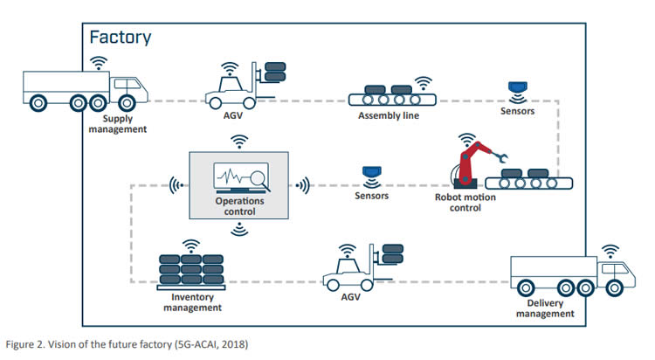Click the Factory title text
[x=121, y=37]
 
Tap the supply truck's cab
[x=128, y=88]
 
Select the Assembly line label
[x=387, y=116]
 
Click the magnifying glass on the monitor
[x=259, y=179]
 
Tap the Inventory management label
[x=192, y=301]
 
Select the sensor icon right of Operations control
[x=370, y=174]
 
